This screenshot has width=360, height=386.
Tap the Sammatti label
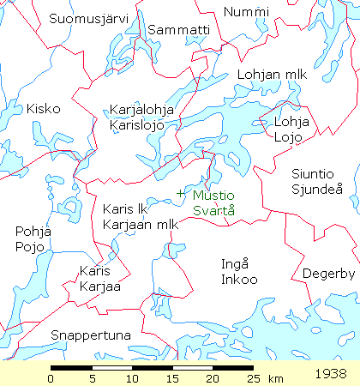[x=178, y=30]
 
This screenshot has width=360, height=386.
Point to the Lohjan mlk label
[x=266, y=75]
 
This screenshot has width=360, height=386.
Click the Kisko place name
[x=43, y=109]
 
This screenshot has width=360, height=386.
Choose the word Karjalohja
[x=142, y=110]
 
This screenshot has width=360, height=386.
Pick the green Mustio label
[x=213, y=195]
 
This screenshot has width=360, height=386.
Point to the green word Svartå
[x=212, y=209]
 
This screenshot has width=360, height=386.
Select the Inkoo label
[x=232, y=279]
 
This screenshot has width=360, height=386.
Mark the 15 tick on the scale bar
[x=171, y=367]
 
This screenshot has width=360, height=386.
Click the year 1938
[x=330, y=374]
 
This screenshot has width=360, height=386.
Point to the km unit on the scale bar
[x=275, y=377]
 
